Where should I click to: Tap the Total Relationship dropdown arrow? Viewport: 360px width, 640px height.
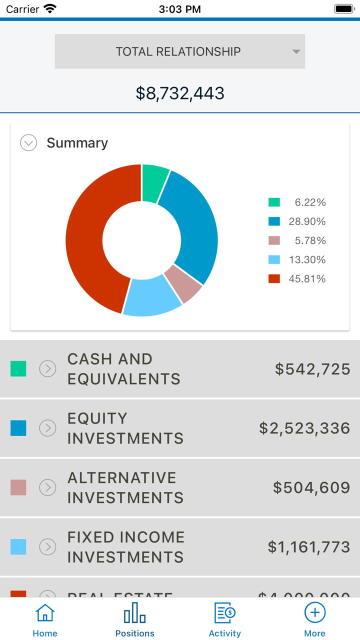pos(296,52)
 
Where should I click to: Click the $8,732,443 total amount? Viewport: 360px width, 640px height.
pos(180,93)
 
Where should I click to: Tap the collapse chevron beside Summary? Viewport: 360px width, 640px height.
pos(28,143)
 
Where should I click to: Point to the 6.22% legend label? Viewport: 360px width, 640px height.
pos(310,202)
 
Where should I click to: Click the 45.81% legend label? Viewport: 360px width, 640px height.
pos(307,279)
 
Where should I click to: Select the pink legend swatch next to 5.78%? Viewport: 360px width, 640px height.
pos(274,240)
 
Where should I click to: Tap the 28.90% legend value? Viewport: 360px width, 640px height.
pos(307,221)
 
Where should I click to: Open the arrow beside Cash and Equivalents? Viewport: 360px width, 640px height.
pos(48,369)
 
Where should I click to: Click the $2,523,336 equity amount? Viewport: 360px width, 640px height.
pos(304,428)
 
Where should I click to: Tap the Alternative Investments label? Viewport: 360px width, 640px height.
pos(125,487)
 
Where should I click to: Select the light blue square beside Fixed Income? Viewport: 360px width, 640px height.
pos(18,546)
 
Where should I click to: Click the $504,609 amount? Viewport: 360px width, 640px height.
pos(311,487)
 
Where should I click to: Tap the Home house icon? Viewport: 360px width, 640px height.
pos(45,613)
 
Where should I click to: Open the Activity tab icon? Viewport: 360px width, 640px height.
pos(224,613)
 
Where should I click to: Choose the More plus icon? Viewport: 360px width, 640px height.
pos(315,613)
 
